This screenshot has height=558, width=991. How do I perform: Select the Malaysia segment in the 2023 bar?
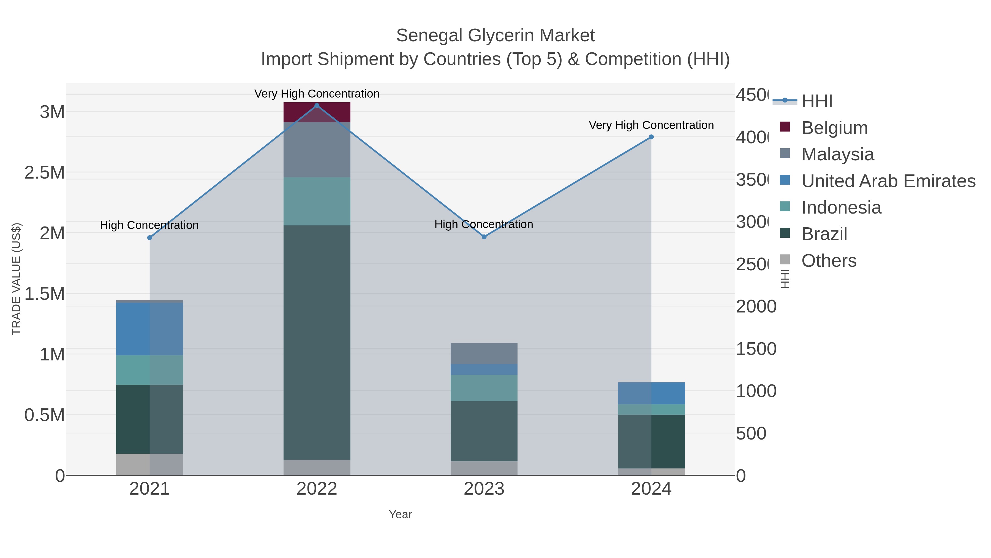[484, 353]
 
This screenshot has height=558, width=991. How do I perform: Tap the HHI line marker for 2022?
[317, 106]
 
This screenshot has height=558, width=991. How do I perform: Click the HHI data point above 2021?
[150, 238]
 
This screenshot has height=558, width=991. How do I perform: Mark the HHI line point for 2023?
[484, 237]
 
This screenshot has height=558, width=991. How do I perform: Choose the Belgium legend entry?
[834, 128]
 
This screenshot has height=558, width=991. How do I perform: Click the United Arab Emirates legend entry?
[888, 181]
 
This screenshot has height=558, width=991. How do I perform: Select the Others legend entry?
[828, 261]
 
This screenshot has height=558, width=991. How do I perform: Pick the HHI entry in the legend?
[816, 101]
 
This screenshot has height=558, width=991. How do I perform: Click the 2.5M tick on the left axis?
[45, 172]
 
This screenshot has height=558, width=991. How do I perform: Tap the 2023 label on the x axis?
[484, 489]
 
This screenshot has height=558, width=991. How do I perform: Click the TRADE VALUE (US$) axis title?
[16, 279]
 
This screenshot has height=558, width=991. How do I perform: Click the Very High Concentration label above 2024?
[651, 125]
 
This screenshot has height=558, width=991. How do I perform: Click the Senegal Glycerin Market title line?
[495, 36]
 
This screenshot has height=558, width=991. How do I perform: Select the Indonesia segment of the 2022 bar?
[317, 201]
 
